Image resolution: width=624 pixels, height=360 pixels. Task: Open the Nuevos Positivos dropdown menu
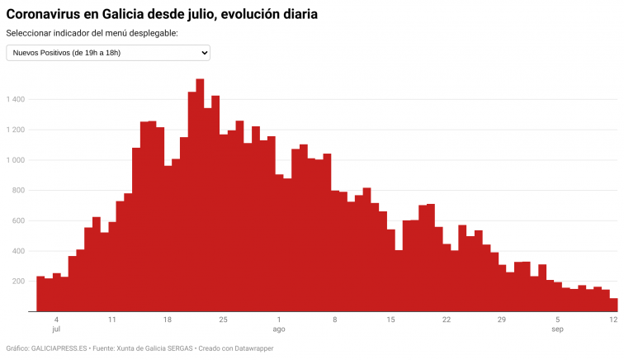(108, 53)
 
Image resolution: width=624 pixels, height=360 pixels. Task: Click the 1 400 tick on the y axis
(16, 100)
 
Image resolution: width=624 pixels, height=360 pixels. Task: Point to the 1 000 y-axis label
(16, 160)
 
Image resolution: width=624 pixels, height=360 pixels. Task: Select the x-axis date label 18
(168, 320)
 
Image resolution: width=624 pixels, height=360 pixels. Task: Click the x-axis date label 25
(223, 320)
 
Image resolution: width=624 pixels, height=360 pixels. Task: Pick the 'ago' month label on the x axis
(279, 329)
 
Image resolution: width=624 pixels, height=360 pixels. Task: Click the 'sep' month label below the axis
(557, 329)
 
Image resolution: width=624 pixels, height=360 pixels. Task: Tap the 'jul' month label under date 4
(56, 329)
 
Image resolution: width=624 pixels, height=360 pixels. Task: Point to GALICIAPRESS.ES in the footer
(57, 348)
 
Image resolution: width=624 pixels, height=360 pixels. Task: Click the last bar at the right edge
(613, 305)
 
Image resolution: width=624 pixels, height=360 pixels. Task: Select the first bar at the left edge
(40, 294)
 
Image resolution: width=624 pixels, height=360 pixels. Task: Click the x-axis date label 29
(501, 320)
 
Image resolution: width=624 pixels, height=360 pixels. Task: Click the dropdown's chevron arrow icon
(204, 53)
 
